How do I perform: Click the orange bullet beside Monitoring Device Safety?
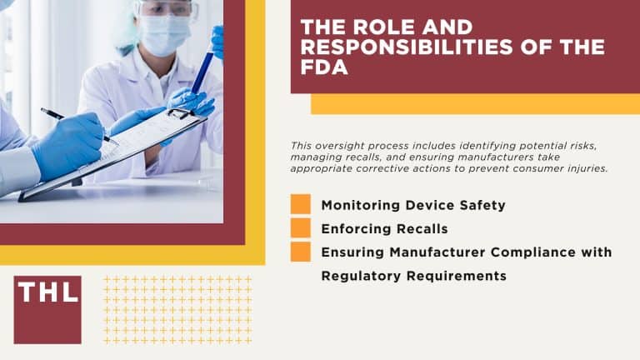click(x=301, y=204)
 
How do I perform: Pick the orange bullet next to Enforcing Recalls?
click(x=301, y=227)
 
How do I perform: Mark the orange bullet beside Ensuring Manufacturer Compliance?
click(x=301, y=251)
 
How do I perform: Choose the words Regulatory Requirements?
click(x=414, y=275)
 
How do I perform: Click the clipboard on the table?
click(x=125, y=154)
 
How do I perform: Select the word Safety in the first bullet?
click(x=483, y=205)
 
